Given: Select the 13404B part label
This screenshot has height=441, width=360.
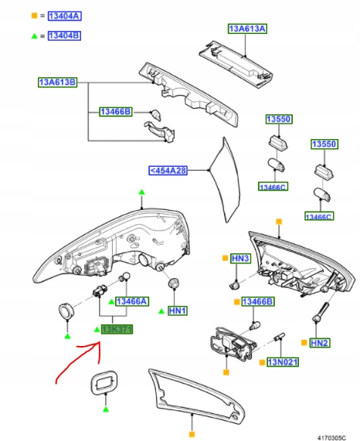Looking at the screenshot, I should pyautogui.click(x=64, y=36).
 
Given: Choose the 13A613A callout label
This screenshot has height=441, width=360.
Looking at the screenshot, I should pyautogui.click(x=247, y=29).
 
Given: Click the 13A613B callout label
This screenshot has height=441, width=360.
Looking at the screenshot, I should pyautogui.click(x=59, y=81).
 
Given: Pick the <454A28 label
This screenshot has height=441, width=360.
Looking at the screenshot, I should pyautogui.click(x=168, y=171).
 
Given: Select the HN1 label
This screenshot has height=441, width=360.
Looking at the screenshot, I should pyautogui.click(x=179, y=310).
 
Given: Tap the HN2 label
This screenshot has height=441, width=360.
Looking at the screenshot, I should pyautogui.click(x=320, y=341).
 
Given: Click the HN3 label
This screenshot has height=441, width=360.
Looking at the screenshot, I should pyautogui.click(x=239, y=257).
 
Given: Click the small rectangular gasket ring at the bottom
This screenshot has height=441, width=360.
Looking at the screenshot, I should pyautogui.click(x=102, y=382).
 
